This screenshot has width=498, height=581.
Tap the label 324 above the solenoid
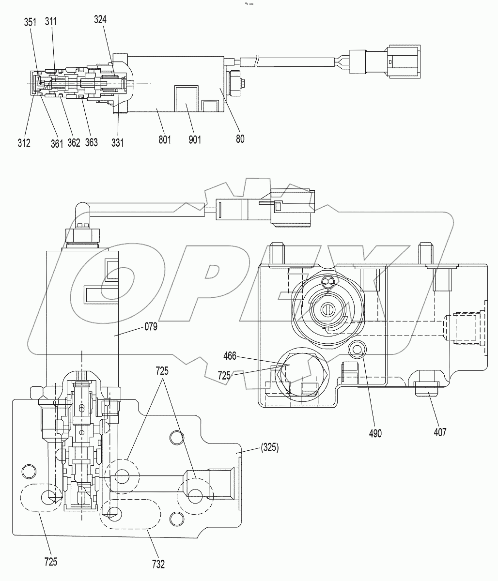(x=100, y=20)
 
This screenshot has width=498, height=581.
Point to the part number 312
(x=24, y=142)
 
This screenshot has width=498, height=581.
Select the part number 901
(x=194, y=140)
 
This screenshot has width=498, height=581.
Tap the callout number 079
(x=152, y=327)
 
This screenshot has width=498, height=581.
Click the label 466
(x=230, y=356)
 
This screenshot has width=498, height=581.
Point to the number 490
(x=375, y=433)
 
